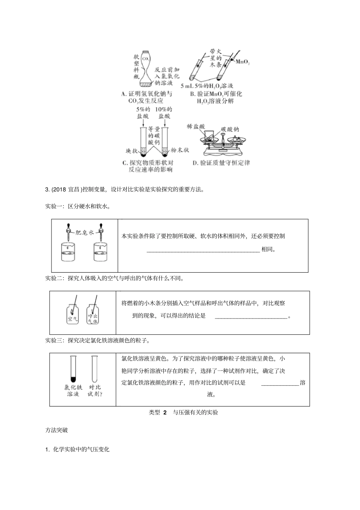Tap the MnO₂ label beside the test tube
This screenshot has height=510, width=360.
[243, 62]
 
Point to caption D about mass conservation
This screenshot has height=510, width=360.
[221, 163]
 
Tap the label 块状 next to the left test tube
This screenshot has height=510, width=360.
[131, 151]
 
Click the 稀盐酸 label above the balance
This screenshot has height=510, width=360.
[196, 126]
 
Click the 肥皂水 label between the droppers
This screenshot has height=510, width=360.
[85, 232]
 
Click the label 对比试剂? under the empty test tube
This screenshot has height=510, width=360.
[95, 391]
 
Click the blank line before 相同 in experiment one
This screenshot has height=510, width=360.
[203, 250]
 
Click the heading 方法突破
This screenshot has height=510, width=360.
[56, 430]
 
